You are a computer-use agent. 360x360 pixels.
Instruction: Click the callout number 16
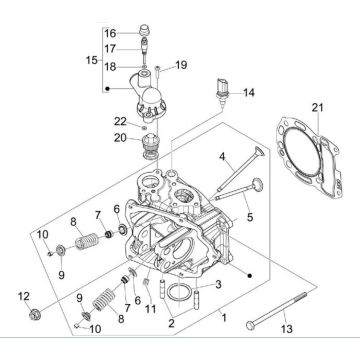pos(110,33)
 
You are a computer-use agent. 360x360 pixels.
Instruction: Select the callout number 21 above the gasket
pos(317,108)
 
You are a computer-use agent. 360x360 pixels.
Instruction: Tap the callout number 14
pos(249,93)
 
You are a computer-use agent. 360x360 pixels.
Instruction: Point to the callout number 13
pos(287,329)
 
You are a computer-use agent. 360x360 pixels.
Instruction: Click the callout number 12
pos(24,296)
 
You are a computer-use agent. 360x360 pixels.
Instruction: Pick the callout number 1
pos(224,318)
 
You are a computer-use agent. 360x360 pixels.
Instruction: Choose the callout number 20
pos(120,138)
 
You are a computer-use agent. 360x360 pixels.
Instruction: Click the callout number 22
pos(120,122)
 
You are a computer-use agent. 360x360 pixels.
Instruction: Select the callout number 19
pos(181,65)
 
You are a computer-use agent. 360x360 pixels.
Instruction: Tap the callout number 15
pos(92,60)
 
